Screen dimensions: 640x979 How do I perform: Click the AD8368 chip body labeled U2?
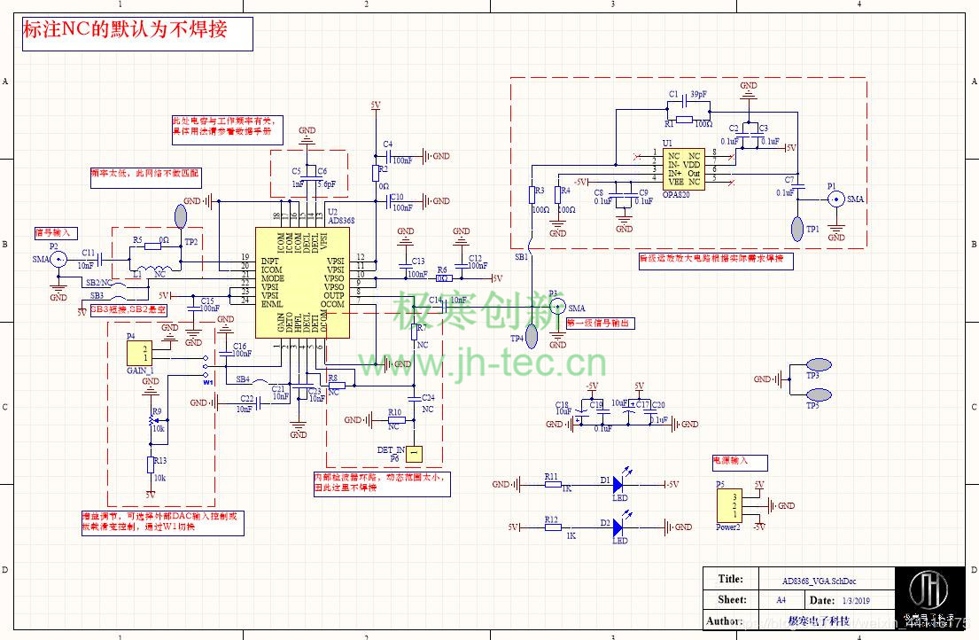click(x=301, y=282)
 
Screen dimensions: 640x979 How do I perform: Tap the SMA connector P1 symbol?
click(x=835, y=199)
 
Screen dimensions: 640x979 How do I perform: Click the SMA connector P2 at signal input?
click(x=58, y=259)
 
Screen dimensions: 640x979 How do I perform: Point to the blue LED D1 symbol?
click(x=618, y=484)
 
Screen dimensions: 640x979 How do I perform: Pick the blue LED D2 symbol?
click(x=618, y=527)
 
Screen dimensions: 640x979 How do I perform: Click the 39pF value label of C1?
click(x=699, y=95)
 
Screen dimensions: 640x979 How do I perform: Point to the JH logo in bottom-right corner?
click(x=929, y=591)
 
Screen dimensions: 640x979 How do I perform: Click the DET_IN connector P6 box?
click(x=413, y=454)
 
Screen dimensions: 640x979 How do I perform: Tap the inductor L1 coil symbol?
click(x=157, y=272)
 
